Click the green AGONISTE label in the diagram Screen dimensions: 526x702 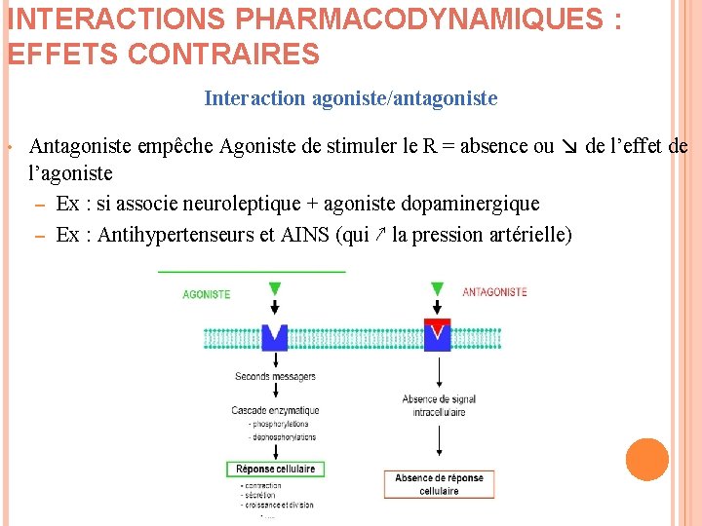[x=207, y=294]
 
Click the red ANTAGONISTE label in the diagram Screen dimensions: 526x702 [x=494, y=291]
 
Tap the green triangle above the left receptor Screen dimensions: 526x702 [x=274, y=288]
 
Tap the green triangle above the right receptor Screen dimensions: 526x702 [x=438, y=288]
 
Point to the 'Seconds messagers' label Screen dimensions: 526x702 [x=275, y=377]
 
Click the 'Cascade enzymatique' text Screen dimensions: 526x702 [x=275, y=410]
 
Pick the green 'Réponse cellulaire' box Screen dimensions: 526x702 [x=275, y=469]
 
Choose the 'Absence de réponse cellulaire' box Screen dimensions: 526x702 [x=439, y=484]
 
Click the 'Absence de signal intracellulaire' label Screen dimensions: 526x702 [x=439, y=405]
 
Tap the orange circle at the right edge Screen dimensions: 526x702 [x=646, y=460]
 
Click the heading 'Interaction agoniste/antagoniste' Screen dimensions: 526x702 [x=351, y=98]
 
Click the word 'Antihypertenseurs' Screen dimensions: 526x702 [x=172, y=235]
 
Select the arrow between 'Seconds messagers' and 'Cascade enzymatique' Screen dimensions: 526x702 [x=275, y=393]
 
